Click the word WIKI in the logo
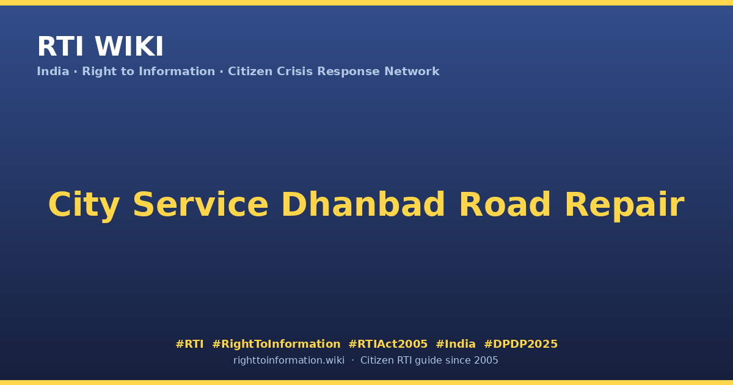point(129,46)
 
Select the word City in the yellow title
point(84,205)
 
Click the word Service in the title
point(200,204)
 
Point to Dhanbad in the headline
point(363,204)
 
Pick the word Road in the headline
point(505,204)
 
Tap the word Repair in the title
point(625,205)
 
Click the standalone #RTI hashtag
point(189,344)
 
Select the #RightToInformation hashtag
point(276,344)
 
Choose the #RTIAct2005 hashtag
point(388,344)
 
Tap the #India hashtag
point(456,344)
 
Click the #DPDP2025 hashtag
point(520,344)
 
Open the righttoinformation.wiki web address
point(288,361)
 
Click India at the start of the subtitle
point(53,71)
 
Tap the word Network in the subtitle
point(412,71)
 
